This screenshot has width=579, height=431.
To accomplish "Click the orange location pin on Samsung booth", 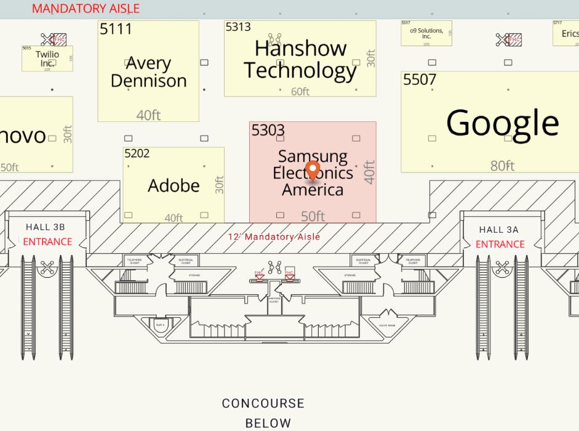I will pos(313,169).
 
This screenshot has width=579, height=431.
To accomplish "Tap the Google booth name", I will pos(502,123).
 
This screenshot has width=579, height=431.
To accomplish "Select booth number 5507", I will pos(420,79).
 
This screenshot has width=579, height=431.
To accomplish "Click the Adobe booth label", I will pos(174,185).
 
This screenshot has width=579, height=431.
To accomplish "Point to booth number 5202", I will pos(137,153).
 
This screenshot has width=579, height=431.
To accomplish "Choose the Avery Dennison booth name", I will pos(148,72).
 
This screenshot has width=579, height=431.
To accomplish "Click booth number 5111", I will pos(116,28).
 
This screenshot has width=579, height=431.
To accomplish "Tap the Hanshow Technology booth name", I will pos(300,60).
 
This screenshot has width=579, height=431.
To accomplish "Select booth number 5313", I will pos(238,27).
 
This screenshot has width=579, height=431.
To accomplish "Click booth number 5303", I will pos(268,131).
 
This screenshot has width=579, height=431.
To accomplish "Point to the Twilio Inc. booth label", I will pos(47,58).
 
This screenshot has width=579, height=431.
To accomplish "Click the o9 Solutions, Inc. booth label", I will pos(426,34).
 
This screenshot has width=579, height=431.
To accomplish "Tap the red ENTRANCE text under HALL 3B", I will pos(47,242).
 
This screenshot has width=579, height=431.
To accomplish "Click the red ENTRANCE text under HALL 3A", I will pos(500,244).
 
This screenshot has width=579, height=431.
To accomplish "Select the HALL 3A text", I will pos(499,230).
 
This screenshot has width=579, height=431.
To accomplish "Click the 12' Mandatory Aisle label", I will pos(274,236).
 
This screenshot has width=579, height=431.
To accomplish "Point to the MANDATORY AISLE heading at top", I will pos(86,9).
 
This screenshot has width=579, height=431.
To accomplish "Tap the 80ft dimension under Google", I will pos(502,166).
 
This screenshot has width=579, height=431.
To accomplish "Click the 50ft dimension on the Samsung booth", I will pos(313,216).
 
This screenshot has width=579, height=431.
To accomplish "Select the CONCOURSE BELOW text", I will pos(263,413).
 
